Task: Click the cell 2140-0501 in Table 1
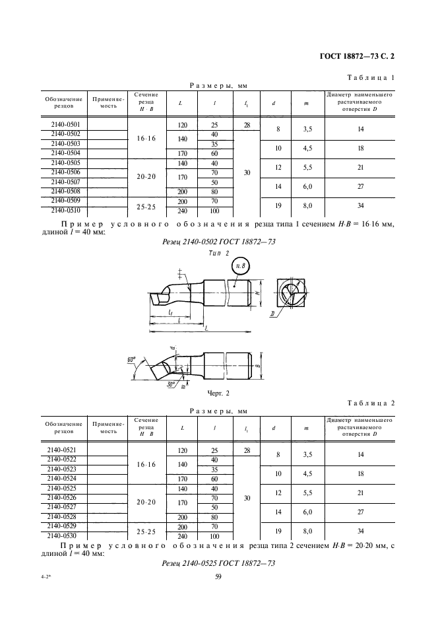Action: click(x=65, y=125)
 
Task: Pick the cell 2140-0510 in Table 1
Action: click(x=65, y=211)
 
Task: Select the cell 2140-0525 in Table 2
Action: click(x=65, y=489)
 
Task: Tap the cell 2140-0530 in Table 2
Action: click(x=65, y=536)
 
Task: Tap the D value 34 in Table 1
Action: click(x=360, y=206)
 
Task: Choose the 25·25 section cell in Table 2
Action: click(x=145, y=532)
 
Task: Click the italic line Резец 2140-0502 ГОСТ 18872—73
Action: click(x=218, y=242)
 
